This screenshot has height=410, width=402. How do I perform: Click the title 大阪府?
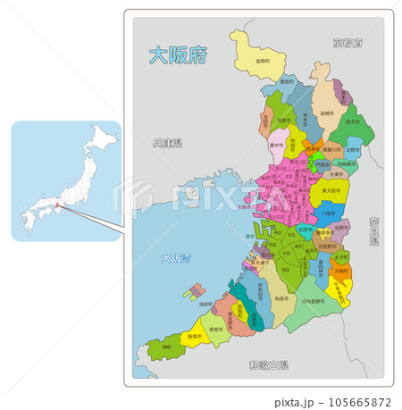[177, 55]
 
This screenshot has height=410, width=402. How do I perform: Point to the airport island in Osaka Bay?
[194, 291]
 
